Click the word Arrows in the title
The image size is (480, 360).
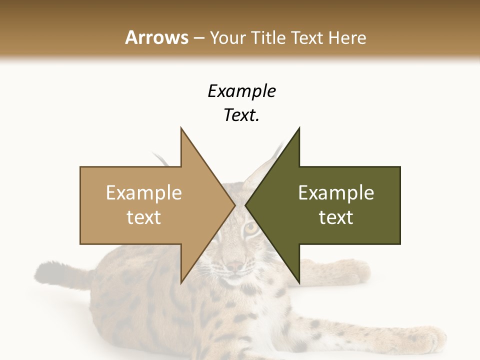156,37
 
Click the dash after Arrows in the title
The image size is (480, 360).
198,38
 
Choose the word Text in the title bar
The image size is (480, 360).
307,37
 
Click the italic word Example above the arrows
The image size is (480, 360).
241,91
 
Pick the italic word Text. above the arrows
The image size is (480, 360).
241,115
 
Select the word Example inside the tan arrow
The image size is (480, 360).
144,192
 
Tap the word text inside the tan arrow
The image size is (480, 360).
144,217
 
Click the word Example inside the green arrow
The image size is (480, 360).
336,192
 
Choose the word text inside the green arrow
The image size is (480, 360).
336,217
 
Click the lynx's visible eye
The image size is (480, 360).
251,228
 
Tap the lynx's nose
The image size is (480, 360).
234,267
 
